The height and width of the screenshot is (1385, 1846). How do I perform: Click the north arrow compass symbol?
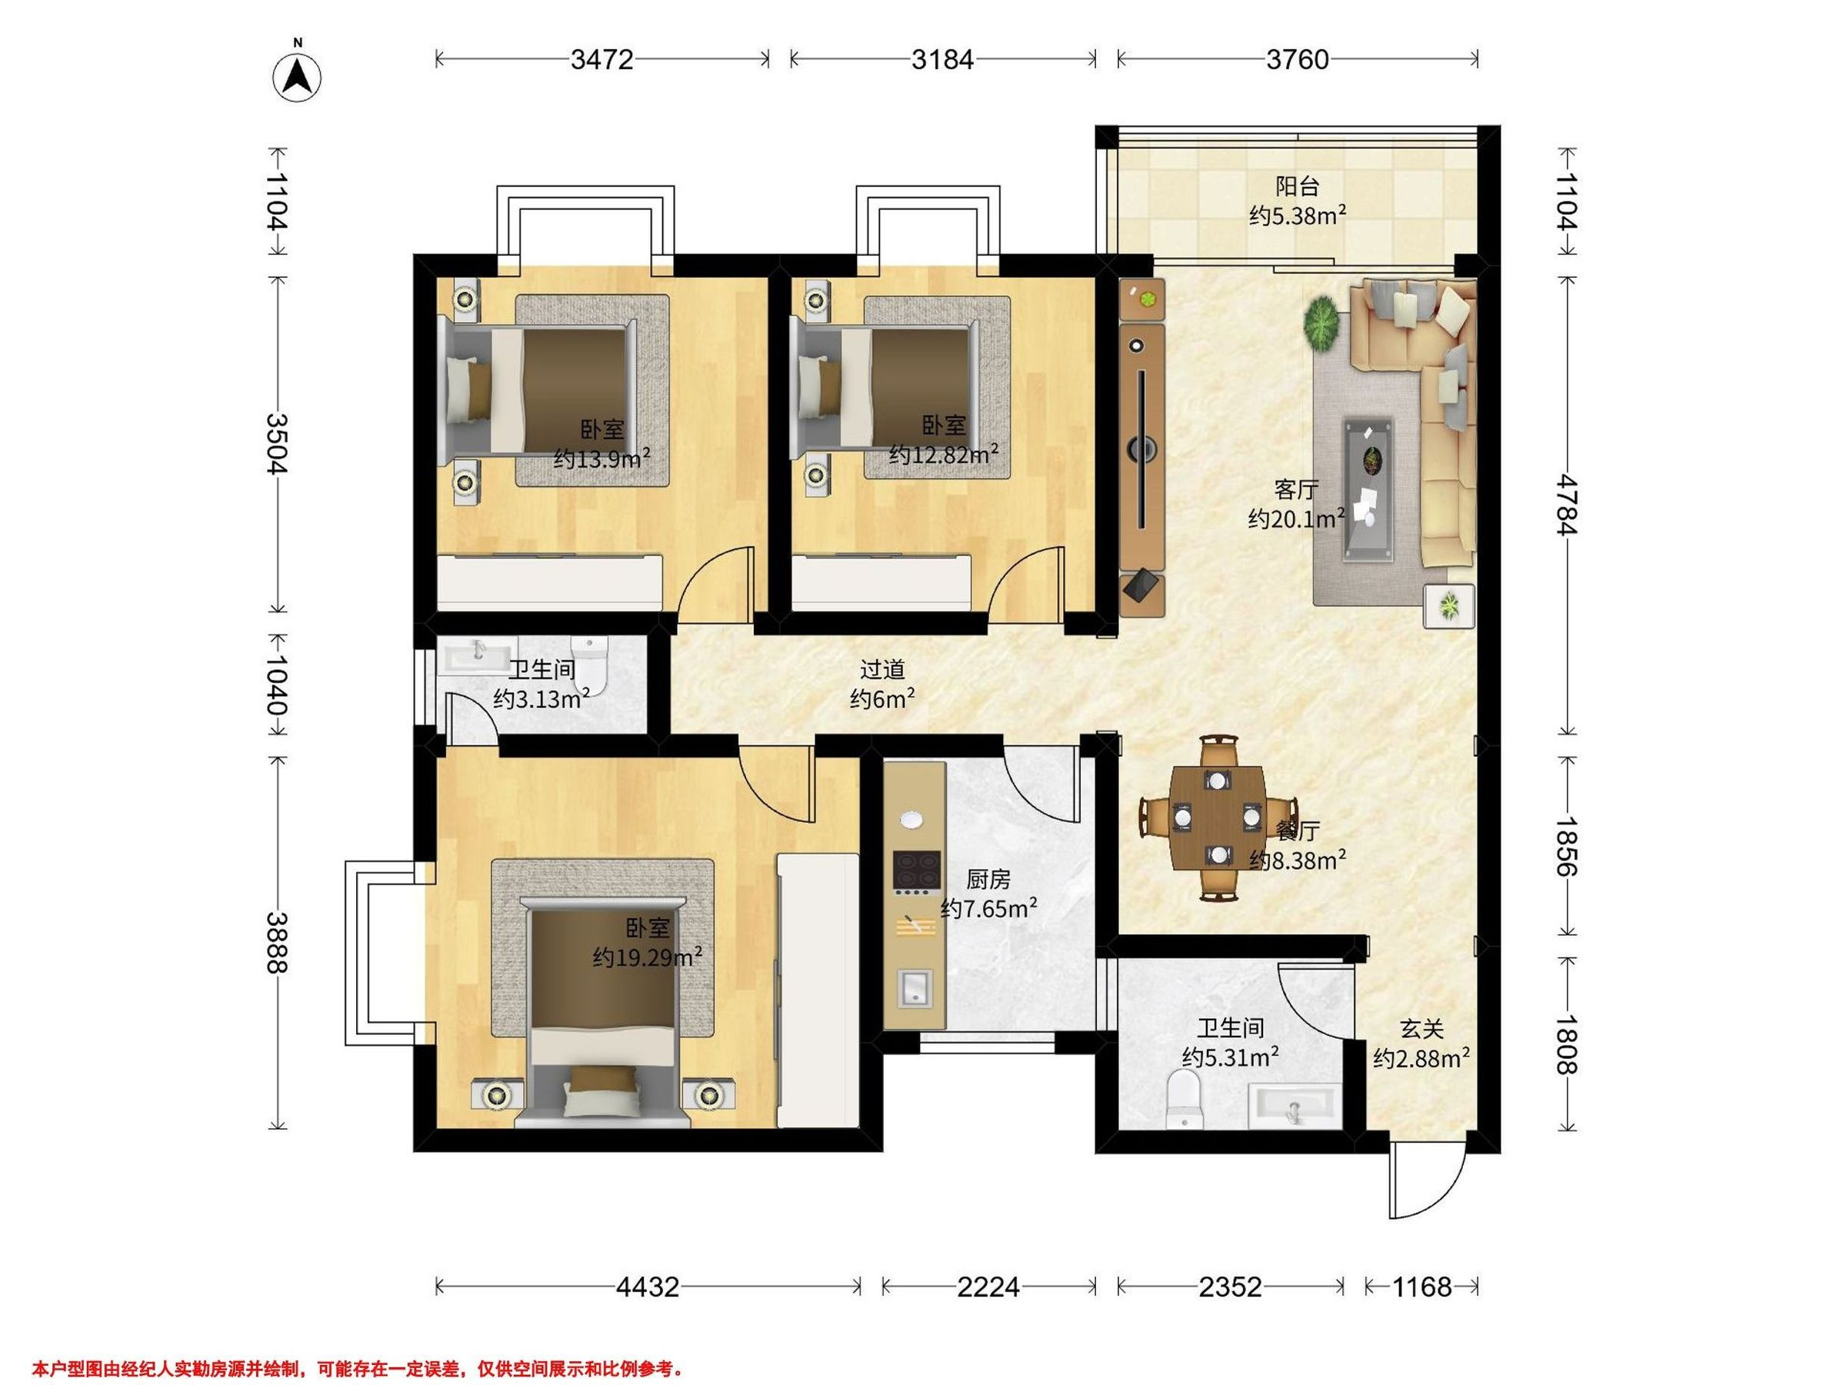coord(297,78)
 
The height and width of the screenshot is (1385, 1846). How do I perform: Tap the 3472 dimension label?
coord(601,60)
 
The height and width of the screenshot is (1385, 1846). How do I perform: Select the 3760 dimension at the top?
coord(1297,60)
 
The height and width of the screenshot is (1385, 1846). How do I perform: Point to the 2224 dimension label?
coord(988,1287)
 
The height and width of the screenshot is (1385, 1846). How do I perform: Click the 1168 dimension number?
coord(1421,1287)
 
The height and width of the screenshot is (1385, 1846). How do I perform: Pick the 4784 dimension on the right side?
coord(1568,505)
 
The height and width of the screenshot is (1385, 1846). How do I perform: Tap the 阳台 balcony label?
coord(1297,185)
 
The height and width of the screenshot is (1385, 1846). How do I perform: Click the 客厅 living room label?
coord(1296,489)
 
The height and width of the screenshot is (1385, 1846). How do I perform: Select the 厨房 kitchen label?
coord(988,879)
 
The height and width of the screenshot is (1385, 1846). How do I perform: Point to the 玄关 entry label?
coord(1421,1029)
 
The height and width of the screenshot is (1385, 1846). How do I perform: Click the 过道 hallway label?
coord(882,669)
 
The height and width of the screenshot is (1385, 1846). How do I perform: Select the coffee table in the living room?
coord(1368,489)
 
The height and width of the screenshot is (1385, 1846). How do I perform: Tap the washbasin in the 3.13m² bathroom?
coord(475,656)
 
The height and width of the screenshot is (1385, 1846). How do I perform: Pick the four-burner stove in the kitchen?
coord(916,871)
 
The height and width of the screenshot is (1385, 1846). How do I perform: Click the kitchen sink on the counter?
coord(915,990)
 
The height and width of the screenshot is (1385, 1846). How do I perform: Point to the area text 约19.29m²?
coord(648,956)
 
